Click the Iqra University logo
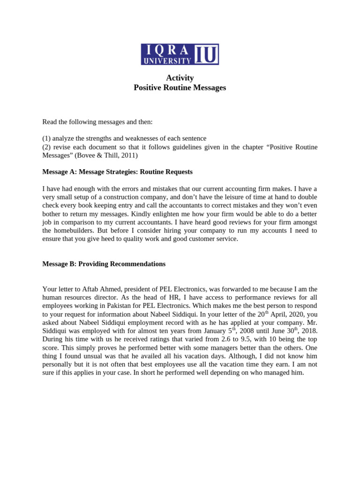coord(180,54)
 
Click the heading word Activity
coord(180,78)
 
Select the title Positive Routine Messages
coord(180,88)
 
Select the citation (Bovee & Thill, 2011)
coord(108,156)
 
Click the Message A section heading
coord(117,172)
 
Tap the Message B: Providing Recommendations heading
coord(104,264)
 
